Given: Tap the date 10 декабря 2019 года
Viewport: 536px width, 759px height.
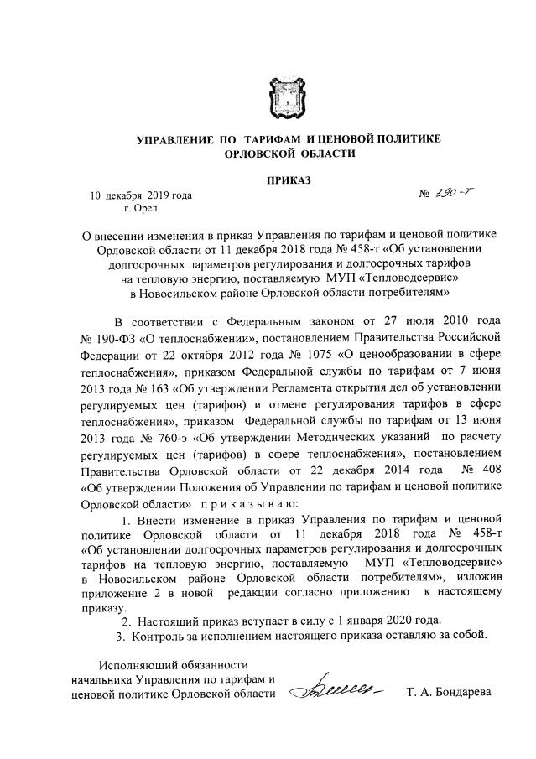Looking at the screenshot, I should point(141,196).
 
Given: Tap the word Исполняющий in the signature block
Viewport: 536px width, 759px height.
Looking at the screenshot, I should point(134,663).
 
